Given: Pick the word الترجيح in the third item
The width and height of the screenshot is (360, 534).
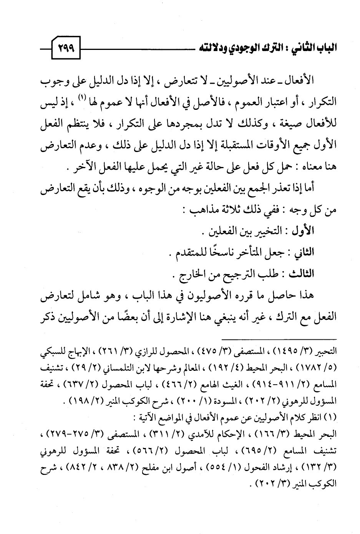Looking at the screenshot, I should pyautogui.click(x=236, y=274).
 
